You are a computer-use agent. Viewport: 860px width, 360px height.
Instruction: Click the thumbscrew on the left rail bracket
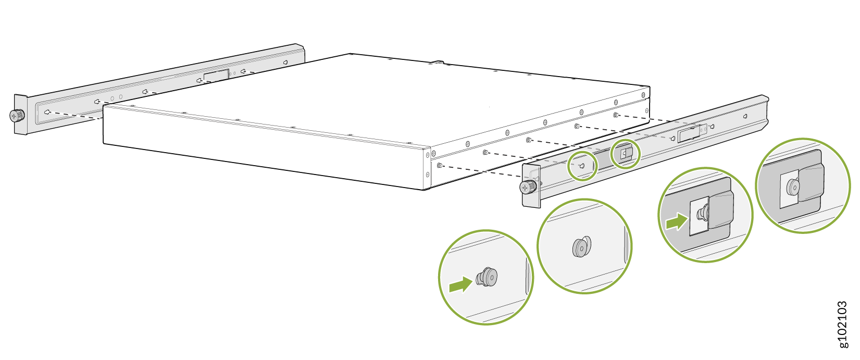click(x=17, y=115)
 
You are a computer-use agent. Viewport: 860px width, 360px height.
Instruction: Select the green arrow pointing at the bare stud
click(x=460, y=284)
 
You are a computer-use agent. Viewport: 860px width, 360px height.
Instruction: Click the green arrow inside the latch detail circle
click(x=677, y=221)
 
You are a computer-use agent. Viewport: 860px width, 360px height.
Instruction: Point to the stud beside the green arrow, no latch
click(x=487, y=277)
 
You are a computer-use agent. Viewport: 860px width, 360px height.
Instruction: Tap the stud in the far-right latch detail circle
click(x=792, y=187)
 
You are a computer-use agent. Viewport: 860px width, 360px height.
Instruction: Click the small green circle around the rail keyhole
click(x=582, y=166)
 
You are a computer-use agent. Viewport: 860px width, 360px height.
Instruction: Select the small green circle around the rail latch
click(x=626, y=154)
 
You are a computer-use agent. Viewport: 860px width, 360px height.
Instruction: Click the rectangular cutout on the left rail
click(x=216, y=75)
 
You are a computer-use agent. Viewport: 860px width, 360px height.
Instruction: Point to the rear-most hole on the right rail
click(x=745, y=116)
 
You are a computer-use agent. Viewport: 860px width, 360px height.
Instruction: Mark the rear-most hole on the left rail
click(x=285, y=62)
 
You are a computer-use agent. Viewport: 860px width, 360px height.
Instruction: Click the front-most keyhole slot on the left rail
click(x=47, y=112)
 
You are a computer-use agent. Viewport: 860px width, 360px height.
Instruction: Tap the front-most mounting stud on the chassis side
click(x=440, y=165)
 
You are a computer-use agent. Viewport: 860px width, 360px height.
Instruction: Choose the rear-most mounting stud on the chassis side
click(x=615, y=115)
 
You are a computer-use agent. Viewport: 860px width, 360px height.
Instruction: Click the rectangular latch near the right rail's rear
click(x=689, y=134)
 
